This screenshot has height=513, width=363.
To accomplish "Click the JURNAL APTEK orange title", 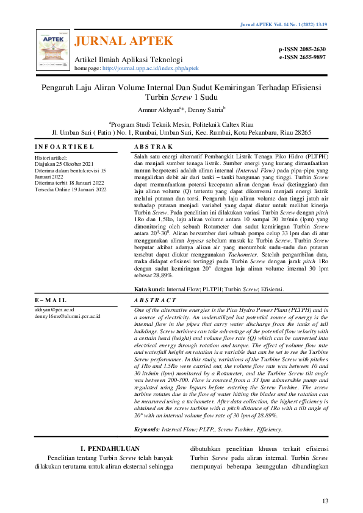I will tap(124, 41).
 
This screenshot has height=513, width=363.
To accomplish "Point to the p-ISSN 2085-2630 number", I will tap(303, 49).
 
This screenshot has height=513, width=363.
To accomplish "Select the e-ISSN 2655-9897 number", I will tap(303, 57).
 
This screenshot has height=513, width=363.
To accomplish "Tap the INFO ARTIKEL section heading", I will tap(64, 147).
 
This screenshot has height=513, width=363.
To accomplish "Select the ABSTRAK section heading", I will tap(153, 147).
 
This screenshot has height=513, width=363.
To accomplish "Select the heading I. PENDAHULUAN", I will tap(107, 450).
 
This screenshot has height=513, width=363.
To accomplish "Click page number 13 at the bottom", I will tap(325, 501).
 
